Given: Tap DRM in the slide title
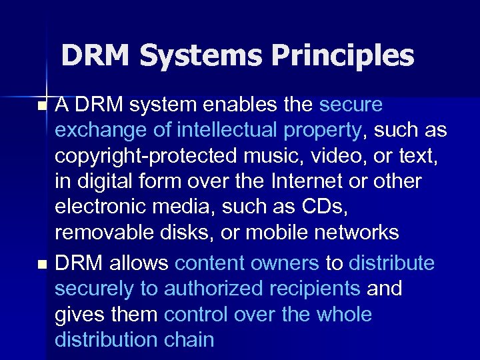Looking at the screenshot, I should click(97, 56).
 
